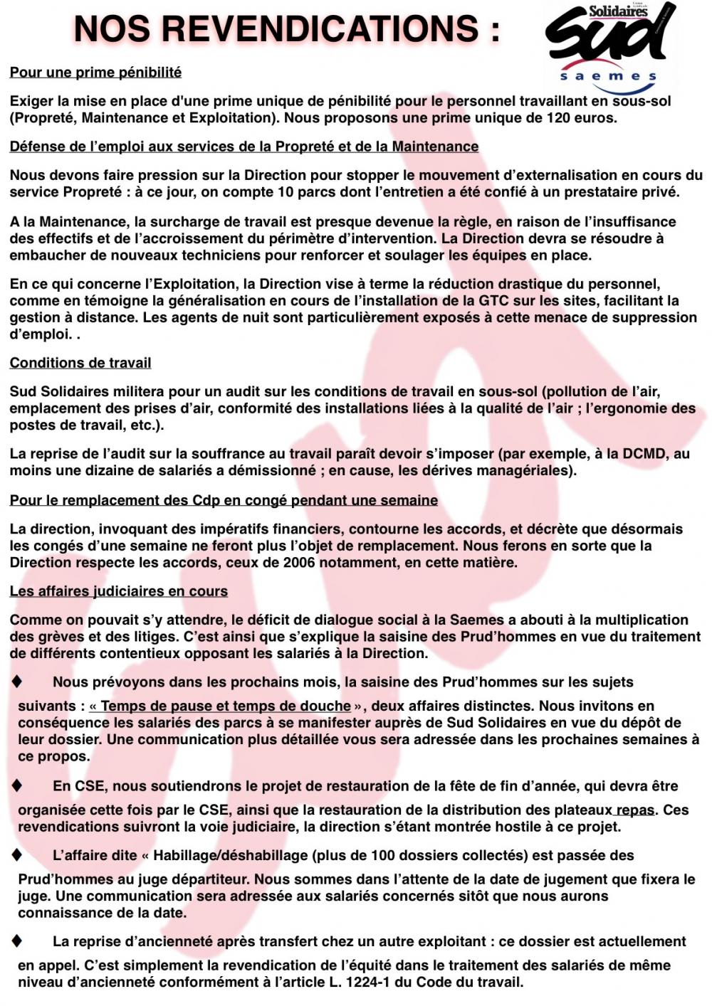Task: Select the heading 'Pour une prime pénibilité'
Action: pyautogui.click(x=95, y=73)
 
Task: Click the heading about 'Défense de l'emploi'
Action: pyautogui.click(x=244, y=147)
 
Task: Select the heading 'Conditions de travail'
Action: pyautogui.click(x=80, y=363)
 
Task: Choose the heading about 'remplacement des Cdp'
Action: pyautogui.click(x=224, y=500)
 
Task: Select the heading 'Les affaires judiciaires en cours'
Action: pyautogui.click(x=119, y=591)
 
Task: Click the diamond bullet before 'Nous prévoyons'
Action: pyautogui.click(x=16, y=682)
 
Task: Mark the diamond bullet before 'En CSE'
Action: pyautogui.click(x=16, y=785)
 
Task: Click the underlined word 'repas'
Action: pyautogui.click(x=635, y=810)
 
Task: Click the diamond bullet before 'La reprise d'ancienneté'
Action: pyautogui.click(x=16, y=941)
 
